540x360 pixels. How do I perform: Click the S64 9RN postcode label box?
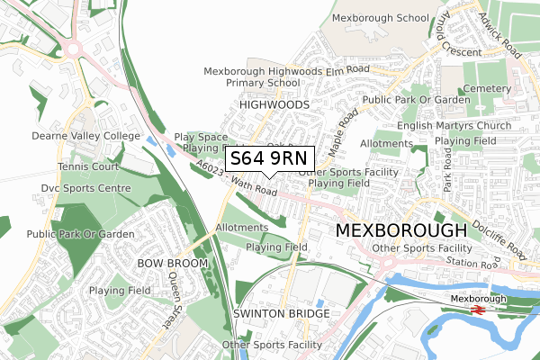pos(268,158)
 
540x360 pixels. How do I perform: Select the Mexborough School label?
pos(380,18)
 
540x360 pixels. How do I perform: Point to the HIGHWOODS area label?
pos(274,105)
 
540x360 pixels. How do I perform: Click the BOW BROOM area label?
pos(172,263)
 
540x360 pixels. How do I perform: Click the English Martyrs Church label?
pos(465,126)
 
